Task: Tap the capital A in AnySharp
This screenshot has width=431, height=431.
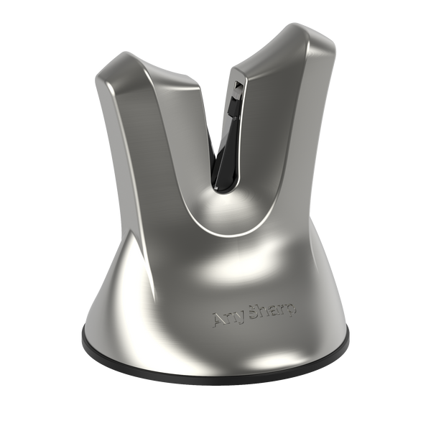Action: click(220, 318)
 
